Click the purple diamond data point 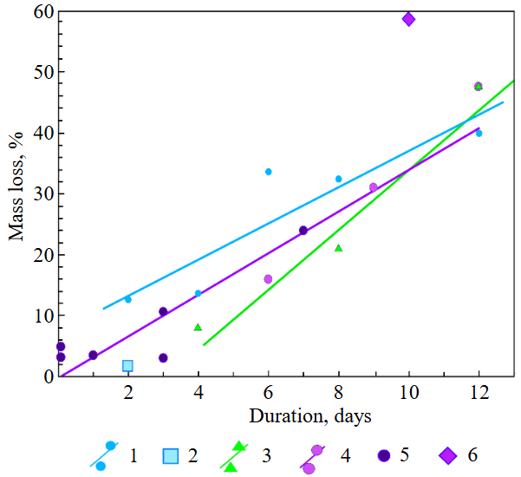coord(409,19)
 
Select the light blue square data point coord(127,366)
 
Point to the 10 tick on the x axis coord(407,392)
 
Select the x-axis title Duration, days coord(309,416)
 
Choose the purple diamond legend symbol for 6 coord(447,455)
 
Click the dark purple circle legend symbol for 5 coord(382,455)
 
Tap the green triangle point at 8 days coord(338,248)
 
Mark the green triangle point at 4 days coord(198,327)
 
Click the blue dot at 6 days coord(269,172)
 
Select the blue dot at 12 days coord(479,133)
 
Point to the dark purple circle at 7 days coord(303,230)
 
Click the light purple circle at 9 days coord(374,187)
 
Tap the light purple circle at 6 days coord(268,279)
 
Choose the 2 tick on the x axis coord(127,392)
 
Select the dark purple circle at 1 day coord(93,355)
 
